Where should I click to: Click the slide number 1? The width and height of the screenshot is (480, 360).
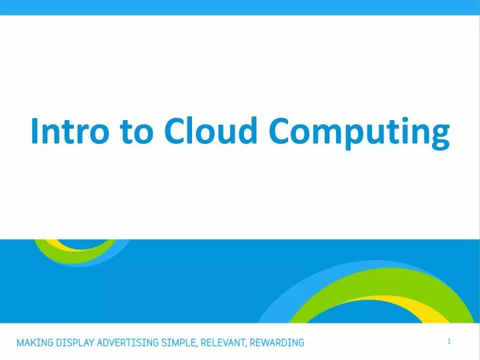(x=449, y=341)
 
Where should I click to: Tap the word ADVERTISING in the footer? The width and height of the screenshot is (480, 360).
(x=131, y=343)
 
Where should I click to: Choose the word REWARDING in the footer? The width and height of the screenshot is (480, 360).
(x=277, y=343)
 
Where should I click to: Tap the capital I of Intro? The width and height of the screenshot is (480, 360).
(x=35, y=131)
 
